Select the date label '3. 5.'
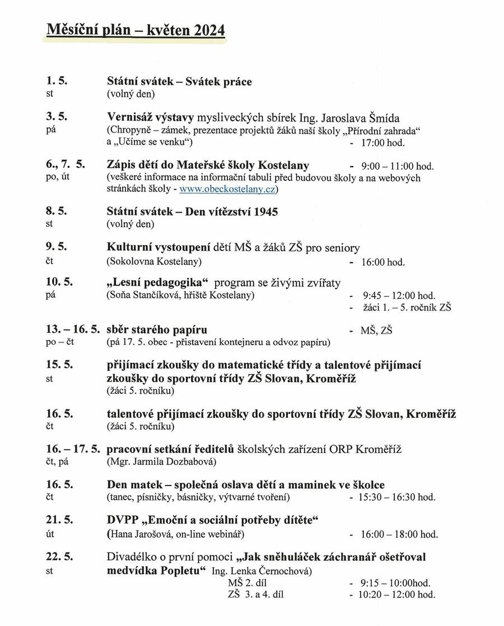57,117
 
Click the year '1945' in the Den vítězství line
265,212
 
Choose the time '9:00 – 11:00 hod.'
398,166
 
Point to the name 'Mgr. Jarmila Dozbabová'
161,462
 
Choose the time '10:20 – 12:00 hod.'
398,595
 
